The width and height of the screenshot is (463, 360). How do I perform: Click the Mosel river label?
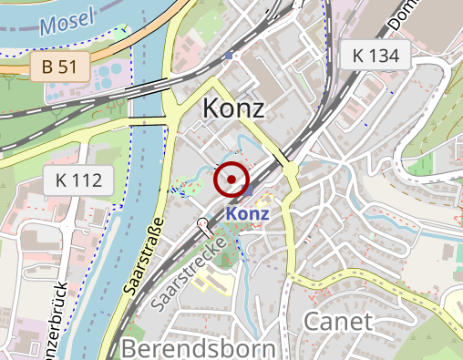click(68, 22)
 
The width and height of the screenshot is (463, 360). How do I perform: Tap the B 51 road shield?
click(59, 67)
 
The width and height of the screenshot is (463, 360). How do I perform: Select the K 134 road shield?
click(376, 56)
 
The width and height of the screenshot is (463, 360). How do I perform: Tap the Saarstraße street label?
click(142, 254)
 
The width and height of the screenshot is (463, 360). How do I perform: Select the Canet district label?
click(337, 321)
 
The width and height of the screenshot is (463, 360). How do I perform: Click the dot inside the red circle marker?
click(231, 180)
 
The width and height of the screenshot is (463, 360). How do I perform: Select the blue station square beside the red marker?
click(248, 192)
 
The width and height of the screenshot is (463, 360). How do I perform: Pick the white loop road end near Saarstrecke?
click(201, 222)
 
